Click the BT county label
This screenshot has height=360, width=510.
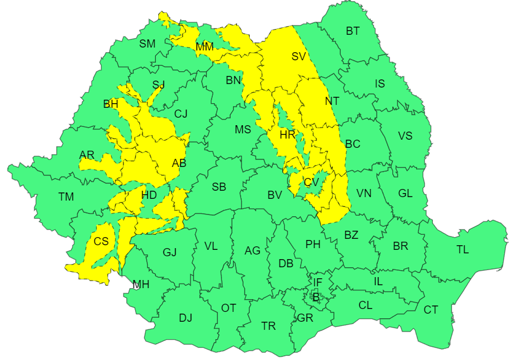(352, 31)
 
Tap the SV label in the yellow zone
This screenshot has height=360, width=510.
(298, 56)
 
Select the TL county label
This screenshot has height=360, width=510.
(462, 250)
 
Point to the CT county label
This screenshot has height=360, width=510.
(431, 310)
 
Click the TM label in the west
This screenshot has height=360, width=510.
(66, 197)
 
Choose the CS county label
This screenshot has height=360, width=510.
(101, 241)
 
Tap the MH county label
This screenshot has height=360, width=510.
(141, 285)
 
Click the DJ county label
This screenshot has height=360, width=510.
(185, 318)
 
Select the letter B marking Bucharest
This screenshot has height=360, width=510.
(316, 297)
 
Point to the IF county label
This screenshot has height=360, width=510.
(318, 282)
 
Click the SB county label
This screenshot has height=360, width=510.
(219, 187)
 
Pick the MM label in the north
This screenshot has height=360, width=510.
(205, 46)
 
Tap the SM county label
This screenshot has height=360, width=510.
(147, 43)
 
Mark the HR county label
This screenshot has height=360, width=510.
(287, 134)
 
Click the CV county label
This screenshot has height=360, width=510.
(312, 182)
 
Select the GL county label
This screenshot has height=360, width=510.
(405, 193)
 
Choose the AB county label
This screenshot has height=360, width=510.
(179, 163)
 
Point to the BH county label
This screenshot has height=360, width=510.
(110, 104)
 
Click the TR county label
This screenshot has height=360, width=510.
(268, 326)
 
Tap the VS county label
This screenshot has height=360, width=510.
(405, 136)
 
